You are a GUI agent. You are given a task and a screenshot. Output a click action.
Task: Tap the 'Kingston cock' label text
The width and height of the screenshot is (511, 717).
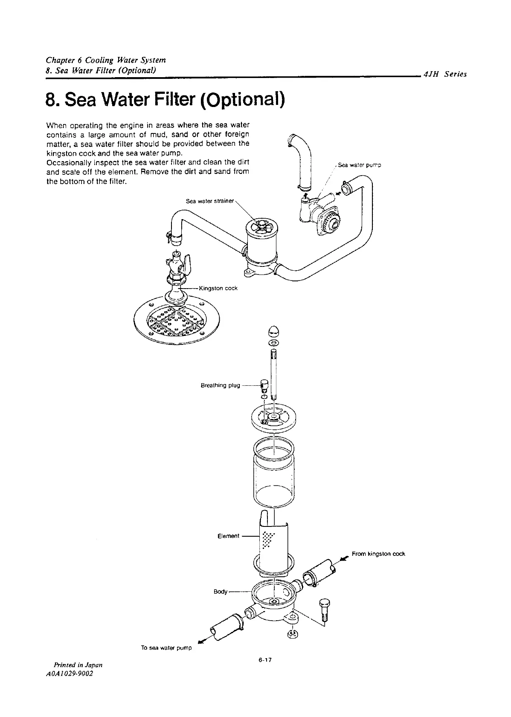tap(218, 288)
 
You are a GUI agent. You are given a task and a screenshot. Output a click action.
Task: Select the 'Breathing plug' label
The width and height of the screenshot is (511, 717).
tap(220, 385)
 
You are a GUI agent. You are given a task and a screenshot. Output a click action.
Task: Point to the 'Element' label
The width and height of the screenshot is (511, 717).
tap(228, 536)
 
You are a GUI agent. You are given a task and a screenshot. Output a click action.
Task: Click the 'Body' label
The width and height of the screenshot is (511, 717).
tap(221, 592)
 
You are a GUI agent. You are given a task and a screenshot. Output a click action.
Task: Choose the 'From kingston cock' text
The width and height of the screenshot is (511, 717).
tap(378, 554)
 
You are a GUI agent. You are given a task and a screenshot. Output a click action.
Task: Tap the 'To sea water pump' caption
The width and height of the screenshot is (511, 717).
tap(166, 648)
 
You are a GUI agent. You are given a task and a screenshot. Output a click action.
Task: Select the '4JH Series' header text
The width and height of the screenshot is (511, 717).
tap(445, 74)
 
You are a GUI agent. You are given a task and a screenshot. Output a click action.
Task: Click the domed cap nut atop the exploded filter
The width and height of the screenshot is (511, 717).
tap(273, 330)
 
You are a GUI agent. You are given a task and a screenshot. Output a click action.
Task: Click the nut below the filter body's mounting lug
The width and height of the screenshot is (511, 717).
tap(293, 634)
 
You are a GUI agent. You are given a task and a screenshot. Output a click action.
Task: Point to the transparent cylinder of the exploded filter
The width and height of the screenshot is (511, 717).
tap(273, 473)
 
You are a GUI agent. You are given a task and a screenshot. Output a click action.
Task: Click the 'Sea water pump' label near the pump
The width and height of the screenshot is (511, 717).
tap(359, 165)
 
